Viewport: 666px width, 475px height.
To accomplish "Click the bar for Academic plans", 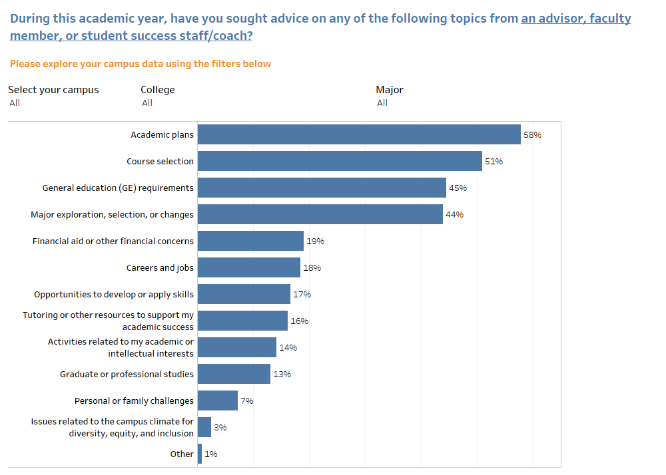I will (359, 134).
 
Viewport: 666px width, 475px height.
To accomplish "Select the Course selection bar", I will (340, 161).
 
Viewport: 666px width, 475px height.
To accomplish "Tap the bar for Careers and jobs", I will (249, 267).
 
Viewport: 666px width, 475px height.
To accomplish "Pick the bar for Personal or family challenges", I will (218, 400).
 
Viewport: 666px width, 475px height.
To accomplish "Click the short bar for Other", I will (200, 454).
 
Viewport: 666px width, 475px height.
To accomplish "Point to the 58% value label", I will (532, 134).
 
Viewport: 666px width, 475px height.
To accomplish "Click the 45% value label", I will (458, 188).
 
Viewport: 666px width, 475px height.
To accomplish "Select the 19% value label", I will (315, 241).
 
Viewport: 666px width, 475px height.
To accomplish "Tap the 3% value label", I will (220, 427).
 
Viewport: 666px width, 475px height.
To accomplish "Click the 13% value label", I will (282, 374).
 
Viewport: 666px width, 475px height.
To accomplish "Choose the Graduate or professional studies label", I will (127, 374).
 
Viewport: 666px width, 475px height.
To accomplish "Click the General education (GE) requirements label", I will (118, 188).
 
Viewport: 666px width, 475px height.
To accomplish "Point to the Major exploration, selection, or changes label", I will (112, 214).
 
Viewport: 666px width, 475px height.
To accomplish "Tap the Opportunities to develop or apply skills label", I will (114, 294).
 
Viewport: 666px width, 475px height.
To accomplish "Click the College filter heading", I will (158, 90).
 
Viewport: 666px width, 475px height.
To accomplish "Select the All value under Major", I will (382, 102).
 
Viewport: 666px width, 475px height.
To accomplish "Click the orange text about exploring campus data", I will (141, 64).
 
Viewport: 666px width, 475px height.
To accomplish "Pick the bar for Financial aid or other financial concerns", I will (250, 241).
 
